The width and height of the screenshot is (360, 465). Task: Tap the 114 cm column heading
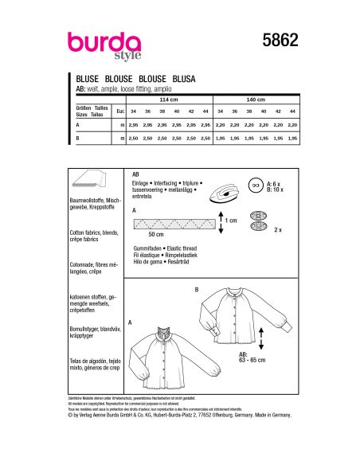tap(169, 100)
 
